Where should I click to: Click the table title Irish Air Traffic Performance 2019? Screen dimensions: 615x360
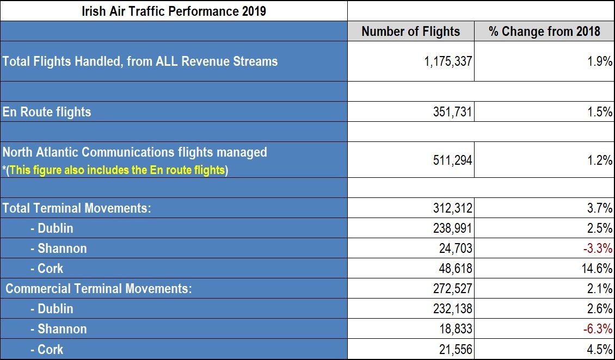click(174, 10)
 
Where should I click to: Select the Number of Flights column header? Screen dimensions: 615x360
click(411, 32)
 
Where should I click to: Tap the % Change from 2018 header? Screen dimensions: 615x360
click(544, 32)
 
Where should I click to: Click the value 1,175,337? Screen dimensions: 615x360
click(448, 61)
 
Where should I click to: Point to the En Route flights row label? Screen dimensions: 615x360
click(47, 112)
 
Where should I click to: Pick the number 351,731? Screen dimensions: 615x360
click(453, 112)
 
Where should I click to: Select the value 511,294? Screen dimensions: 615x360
click(453, 160)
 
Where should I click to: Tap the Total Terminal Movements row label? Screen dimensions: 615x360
click(77, 208)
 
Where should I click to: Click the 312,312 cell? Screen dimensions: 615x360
click(453, 208)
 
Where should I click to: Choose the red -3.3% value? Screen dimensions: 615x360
click(598, 249)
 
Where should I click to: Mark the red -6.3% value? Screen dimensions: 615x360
click(598, 328)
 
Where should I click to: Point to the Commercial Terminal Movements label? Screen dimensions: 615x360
click(99, 289)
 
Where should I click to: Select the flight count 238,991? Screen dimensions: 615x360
click(453, 228)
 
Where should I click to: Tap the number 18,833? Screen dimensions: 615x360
click(456, 328)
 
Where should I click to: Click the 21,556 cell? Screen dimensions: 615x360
click(456, 349)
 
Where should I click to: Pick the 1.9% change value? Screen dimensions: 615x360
click(600, 61)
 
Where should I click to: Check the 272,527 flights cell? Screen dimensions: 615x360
click(453, 289)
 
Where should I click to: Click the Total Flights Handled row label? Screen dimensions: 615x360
click(140, 61)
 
